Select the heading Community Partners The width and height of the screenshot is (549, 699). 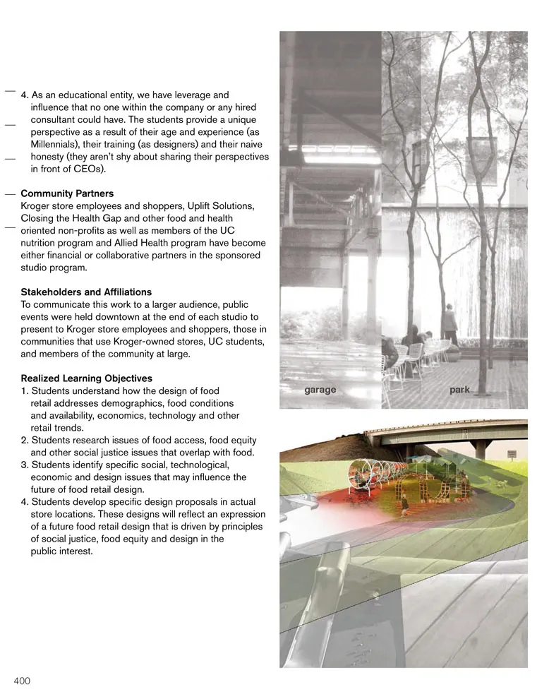(x=67, y=193)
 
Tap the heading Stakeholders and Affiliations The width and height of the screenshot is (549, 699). (x=86, y=292)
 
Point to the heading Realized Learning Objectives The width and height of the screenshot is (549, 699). (x=86, y=378)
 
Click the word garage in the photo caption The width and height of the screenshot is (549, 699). (x=320, y=390)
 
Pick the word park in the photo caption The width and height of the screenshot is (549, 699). (x=459, y=390)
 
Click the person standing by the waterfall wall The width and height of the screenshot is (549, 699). (x=449, y=325)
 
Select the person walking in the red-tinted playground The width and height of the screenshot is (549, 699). (x=404, y=506)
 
